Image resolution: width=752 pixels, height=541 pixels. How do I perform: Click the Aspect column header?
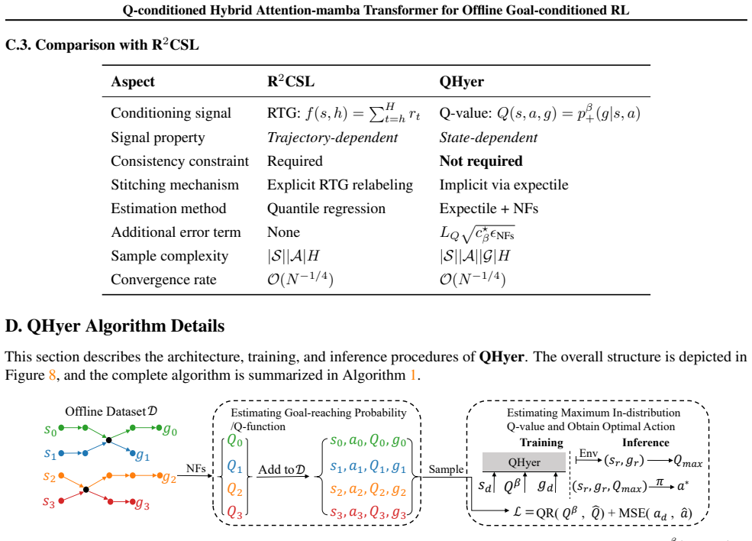(133, 82)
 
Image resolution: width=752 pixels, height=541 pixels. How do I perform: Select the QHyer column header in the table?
(461, 82)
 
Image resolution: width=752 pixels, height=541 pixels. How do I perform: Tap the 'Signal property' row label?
(158, 138)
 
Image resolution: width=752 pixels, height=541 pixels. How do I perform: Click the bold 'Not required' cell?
(481, 160)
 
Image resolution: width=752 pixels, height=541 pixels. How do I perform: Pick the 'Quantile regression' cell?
(326, 209)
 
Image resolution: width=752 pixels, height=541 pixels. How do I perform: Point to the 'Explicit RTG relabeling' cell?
(340, 185)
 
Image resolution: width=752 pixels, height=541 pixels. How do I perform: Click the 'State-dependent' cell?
(488, 138)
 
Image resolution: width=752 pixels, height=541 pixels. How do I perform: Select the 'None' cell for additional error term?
(283, 232)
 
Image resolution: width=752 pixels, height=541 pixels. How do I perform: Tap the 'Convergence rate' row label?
(163, 280)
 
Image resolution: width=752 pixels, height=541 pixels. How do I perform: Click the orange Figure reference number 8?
(52, 375)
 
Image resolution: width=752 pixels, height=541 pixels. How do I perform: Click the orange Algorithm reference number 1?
(413, 375)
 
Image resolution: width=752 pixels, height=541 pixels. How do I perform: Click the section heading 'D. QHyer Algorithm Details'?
(115, 326)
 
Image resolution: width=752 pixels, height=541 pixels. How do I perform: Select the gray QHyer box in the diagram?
(524, 462)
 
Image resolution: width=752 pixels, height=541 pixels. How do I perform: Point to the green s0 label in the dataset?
(50, 430)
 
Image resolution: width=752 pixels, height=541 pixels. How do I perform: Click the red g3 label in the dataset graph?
(142, 504)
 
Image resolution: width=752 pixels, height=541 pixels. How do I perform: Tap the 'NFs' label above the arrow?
(196, 468)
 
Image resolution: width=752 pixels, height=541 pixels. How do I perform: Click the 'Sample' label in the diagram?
(446, 469)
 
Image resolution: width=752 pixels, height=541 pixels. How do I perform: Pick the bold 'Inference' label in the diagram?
(646, 442)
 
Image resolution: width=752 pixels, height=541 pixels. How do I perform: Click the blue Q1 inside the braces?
(234, 465)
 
